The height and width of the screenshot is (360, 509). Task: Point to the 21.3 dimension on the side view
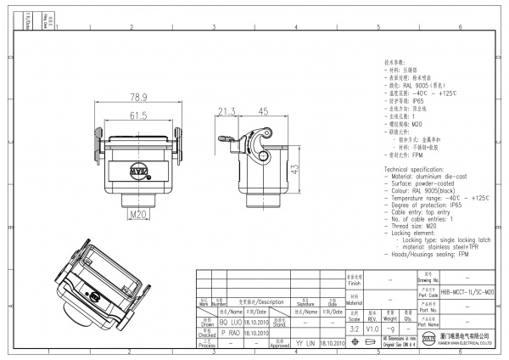point(227,110)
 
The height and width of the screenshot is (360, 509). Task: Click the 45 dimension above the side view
point(263,110)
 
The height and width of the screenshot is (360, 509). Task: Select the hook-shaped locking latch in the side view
point(260,137)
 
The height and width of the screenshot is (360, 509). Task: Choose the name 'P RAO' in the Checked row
point(231,334)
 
